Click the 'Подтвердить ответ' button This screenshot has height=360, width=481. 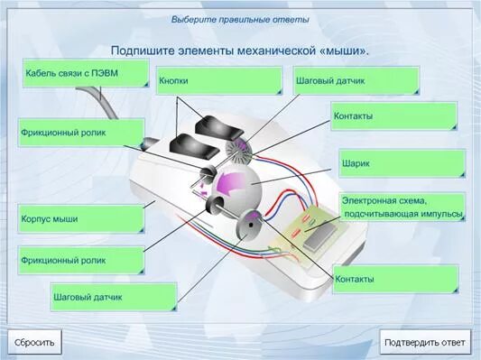(425, 342)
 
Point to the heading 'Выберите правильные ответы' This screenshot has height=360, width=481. (240, 19)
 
